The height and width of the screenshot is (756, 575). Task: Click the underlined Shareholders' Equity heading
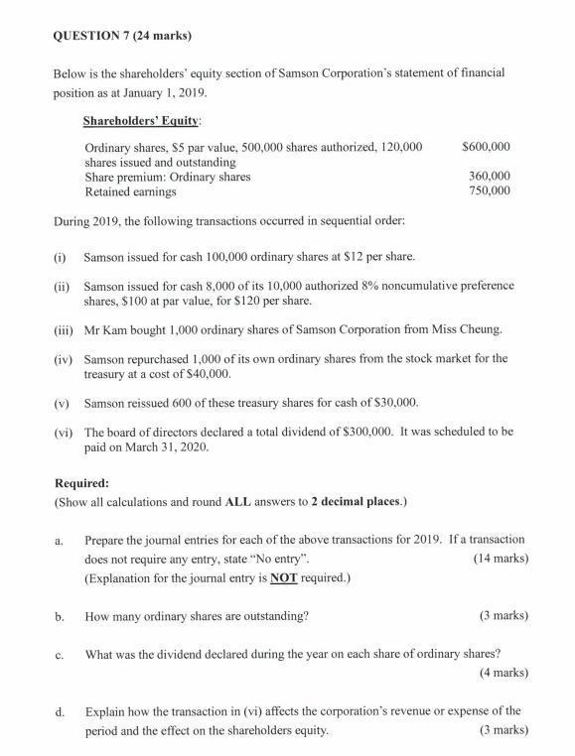click(143, 121)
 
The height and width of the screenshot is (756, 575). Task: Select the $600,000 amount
click(487, 147)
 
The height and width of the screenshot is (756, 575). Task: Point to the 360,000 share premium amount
click(489, 177)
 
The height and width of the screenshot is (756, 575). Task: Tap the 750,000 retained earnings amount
click(489, 190)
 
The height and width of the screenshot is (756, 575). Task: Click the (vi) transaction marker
click(63, 433)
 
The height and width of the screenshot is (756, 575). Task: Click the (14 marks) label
click(497, 559)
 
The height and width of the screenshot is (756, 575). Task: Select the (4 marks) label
click(501, 673)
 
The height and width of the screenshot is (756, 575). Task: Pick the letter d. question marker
click(61, 711)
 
